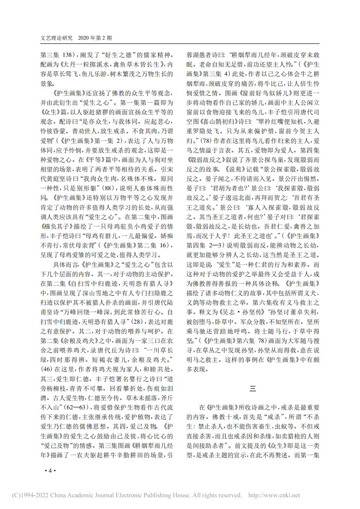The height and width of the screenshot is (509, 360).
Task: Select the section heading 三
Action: (x=253, y=388)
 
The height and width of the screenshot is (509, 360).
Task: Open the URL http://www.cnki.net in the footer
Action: (x=274, y=495)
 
